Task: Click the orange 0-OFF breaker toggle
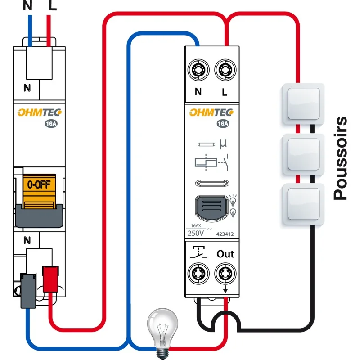point(39,191)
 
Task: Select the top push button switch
point(303,104)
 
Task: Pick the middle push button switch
point(303,154)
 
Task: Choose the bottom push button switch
point(303,204)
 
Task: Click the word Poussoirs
point(341,158)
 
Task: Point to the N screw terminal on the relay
point(198,69)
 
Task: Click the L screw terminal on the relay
point(225,69)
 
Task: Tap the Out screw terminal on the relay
point(225,273)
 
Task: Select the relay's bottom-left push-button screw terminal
point(198,273)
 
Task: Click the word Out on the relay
point(225,254)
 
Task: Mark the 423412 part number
point(225,234)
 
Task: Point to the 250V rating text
point(196,233)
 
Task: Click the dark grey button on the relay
point(211,208)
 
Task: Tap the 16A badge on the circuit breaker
point(51,124)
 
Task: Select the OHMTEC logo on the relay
point(211,112)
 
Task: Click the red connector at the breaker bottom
point(50,279)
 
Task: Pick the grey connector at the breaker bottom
point(28,290)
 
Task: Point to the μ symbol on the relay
point(223,144)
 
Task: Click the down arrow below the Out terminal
point(225,289)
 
